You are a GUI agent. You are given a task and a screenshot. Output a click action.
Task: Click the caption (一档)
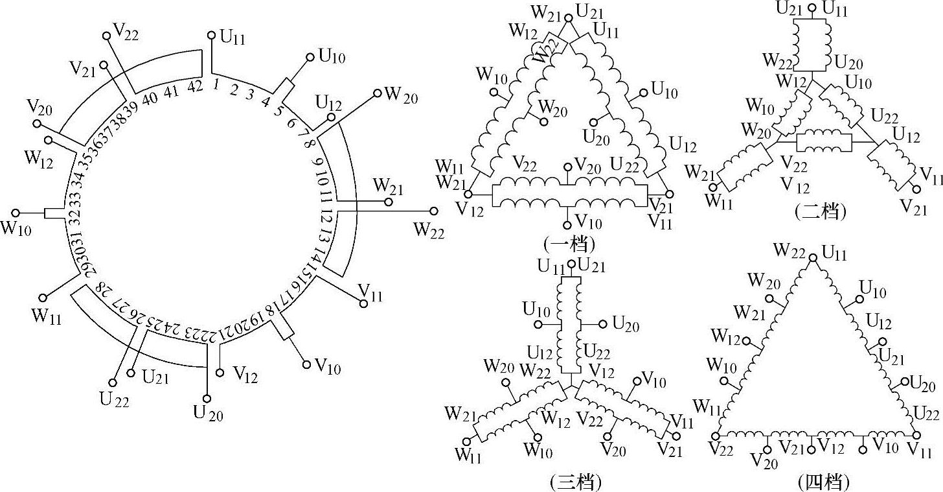(x=569, y=244)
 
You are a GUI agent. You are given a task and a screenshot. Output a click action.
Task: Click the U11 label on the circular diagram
(x=233, y=37)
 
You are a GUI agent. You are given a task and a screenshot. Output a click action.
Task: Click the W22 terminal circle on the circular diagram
(x=433, y=211)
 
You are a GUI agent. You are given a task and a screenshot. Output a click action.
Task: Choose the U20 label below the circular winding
(x=207, y=412)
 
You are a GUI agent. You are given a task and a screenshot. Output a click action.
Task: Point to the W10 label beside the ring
(x=17, y=229)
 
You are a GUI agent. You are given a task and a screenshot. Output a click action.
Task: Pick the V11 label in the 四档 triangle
(x=920, y=449)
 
